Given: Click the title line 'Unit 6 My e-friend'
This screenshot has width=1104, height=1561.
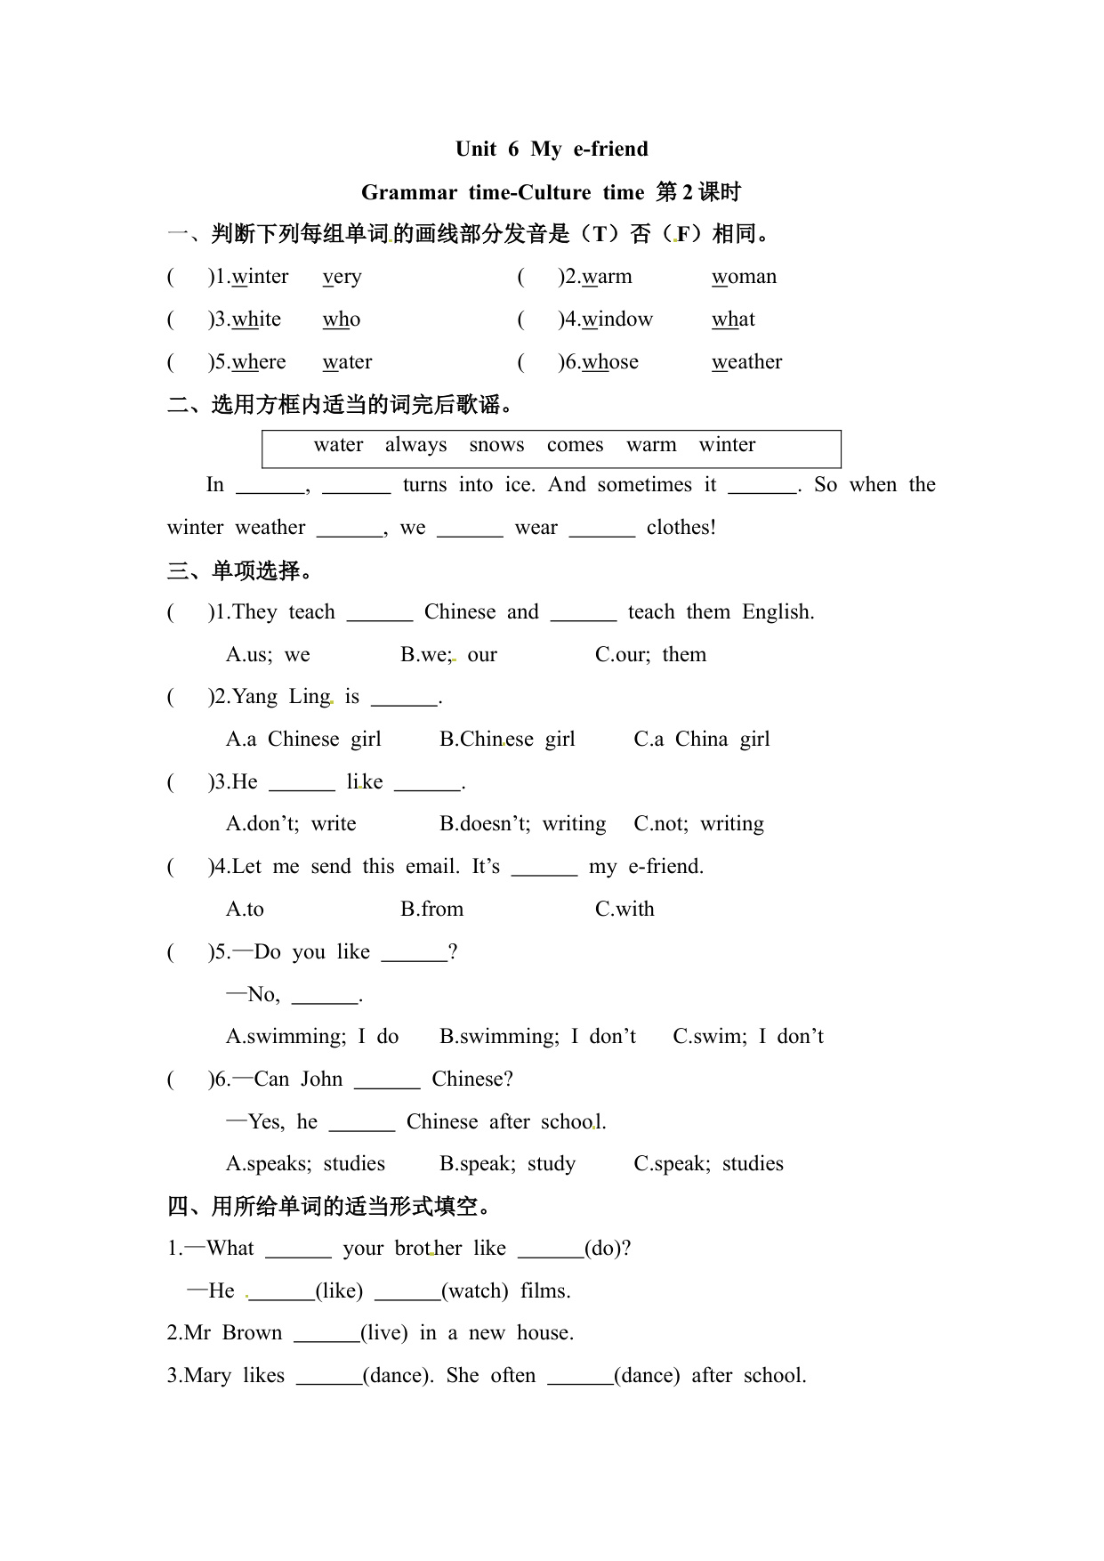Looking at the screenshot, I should (x=552, y=149).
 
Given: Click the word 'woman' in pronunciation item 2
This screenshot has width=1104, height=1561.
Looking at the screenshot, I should (x=744, y=277).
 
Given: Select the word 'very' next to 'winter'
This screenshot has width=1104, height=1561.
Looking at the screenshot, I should (x=342, y=277).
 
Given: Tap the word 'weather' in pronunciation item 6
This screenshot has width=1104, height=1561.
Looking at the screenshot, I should (x=746, y=362).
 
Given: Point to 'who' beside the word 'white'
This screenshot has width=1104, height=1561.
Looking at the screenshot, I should (x=341, y=319).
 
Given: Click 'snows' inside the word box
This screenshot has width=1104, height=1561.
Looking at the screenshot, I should (x=496, y=445).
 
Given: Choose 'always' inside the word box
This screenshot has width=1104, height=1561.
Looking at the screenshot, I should (x=415, y=445).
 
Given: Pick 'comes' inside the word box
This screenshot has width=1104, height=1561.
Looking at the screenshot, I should (x=575, y=445).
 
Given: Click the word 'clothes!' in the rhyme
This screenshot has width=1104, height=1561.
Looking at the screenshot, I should (x=681, y=528).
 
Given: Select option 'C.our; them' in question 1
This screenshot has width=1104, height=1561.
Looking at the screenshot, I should (x=650, y=655).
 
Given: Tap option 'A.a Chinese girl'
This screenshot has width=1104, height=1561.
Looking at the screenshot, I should (x=303, y=740).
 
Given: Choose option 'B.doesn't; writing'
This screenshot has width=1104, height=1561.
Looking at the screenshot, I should (x=522, y=824).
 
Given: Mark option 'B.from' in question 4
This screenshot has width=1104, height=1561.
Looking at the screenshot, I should (x=431, y=910).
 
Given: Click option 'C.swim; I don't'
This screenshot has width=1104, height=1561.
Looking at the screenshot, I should (x=747, y=1037).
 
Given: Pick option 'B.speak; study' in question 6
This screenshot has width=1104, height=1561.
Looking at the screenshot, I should (x=507, y=1164).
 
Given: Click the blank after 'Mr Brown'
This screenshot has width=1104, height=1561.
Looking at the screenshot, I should (x=326, y=1333).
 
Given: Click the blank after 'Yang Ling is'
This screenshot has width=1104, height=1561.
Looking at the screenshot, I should (x=404, y=699).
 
